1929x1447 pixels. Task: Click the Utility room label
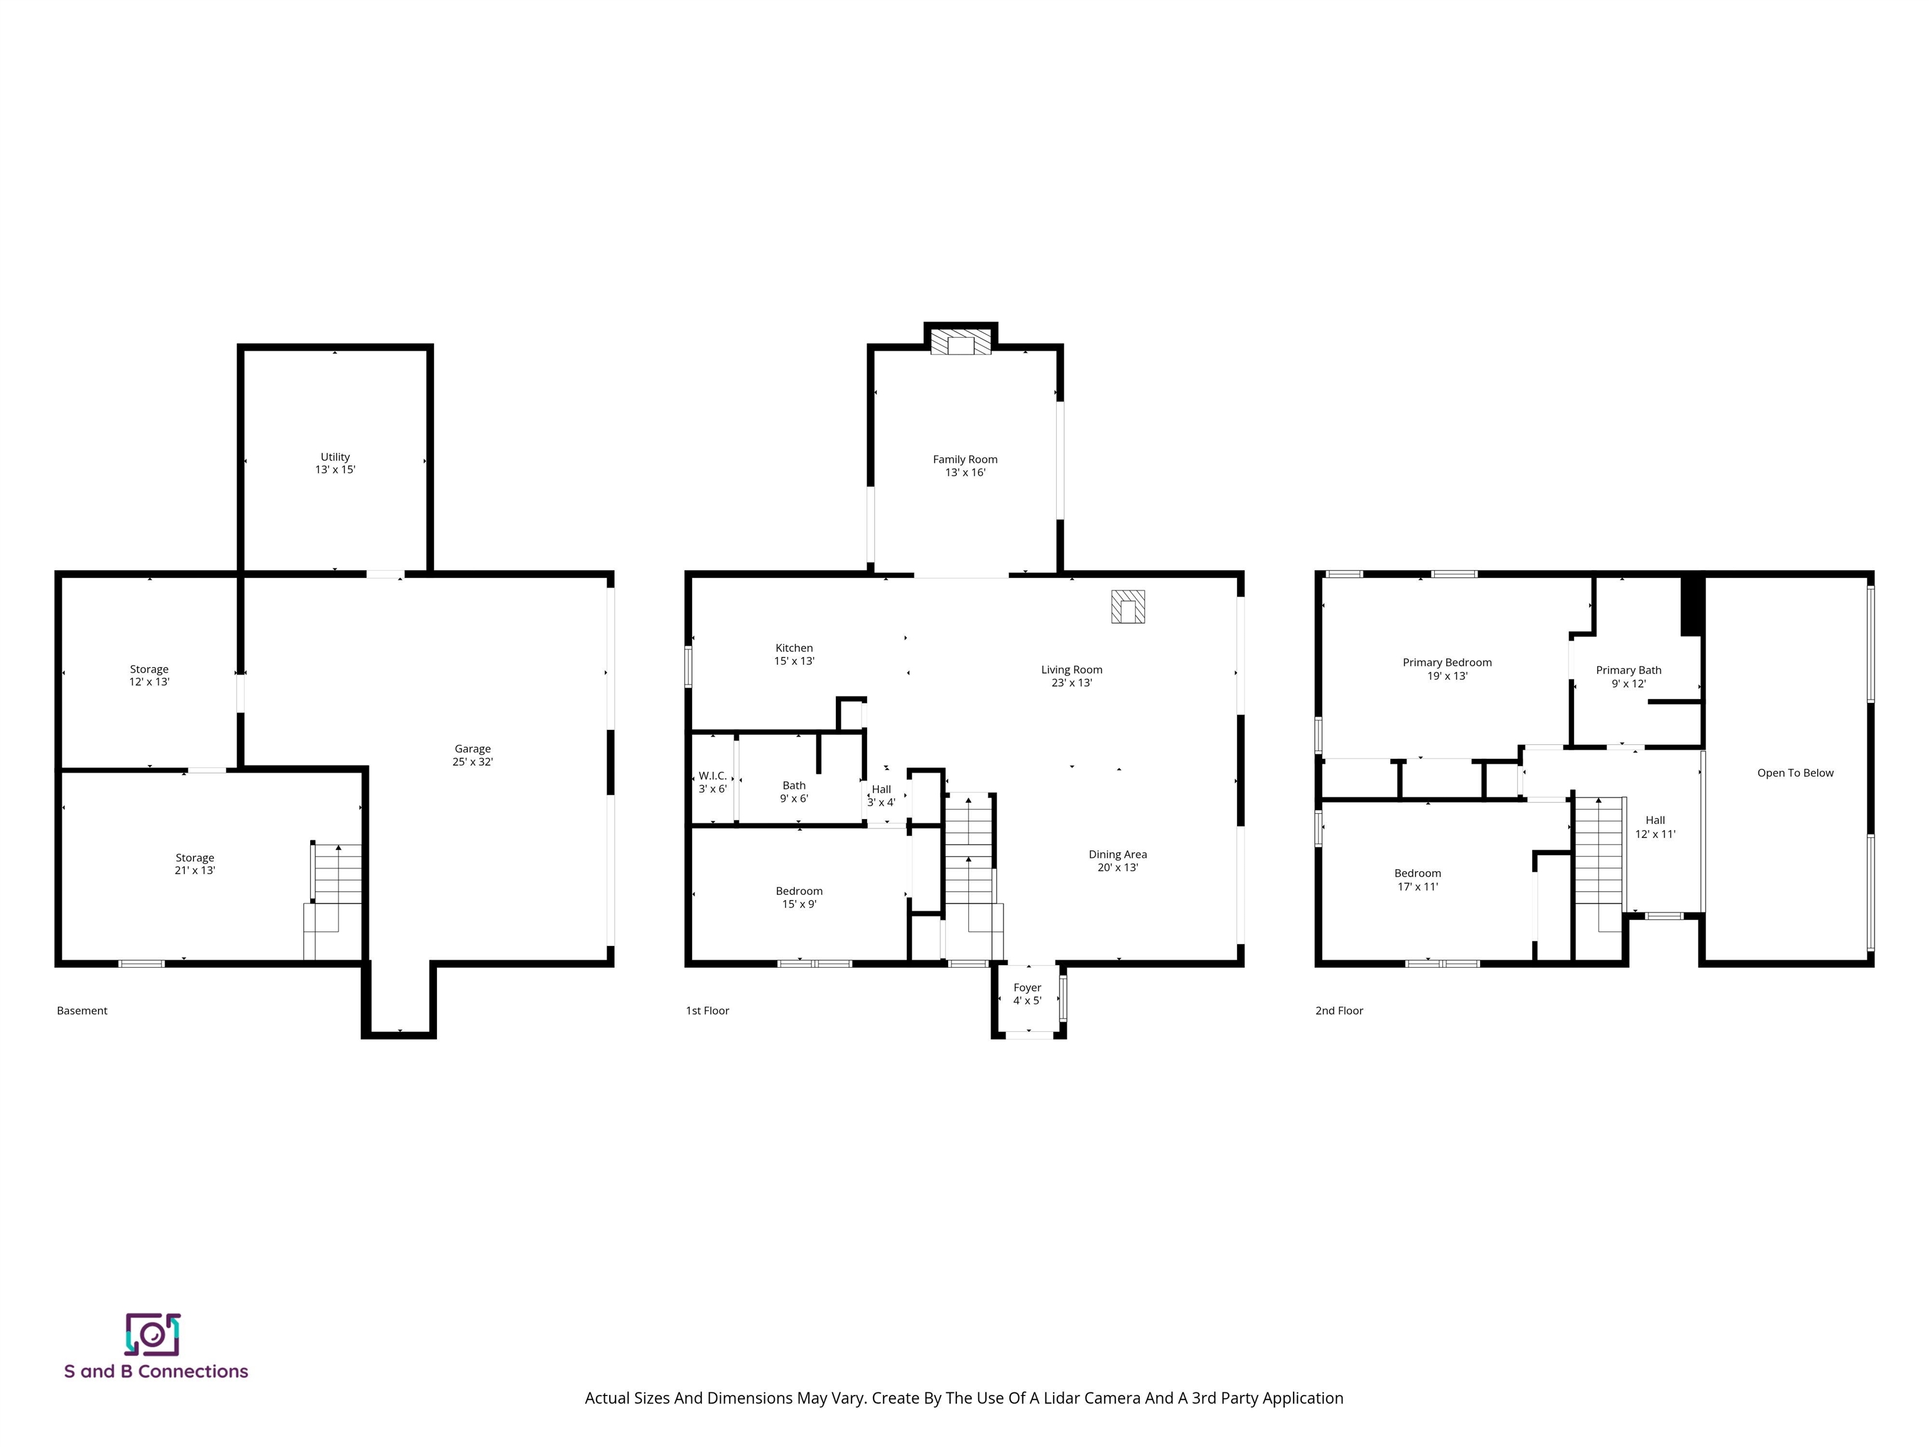[x=335, y=463]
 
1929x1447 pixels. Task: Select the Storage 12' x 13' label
[x=149, y=675]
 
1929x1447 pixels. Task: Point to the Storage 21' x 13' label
[x=195, y=864]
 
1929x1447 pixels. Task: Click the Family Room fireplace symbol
[x=960, y=342]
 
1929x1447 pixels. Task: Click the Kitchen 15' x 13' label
[x=794, y=654]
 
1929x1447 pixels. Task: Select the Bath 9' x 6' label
[x=794, y=792]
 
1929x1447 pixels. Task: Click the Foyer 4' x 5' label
[x=1027, y=994]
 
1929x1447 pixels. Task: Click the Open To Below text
[x=1795, y=772]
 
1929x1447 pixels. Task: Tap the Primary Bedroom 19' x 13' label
[x=1447, y=669]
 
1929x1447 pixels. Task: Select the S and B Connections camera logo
[x=153, y=1335]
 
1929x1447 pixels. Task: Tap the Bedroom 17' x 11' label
[x=1417, y=879]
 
